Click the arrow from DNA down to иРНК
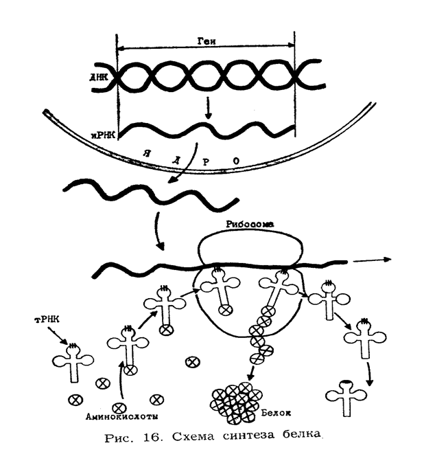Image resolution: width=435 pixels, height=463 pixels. tap(208, 109)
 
